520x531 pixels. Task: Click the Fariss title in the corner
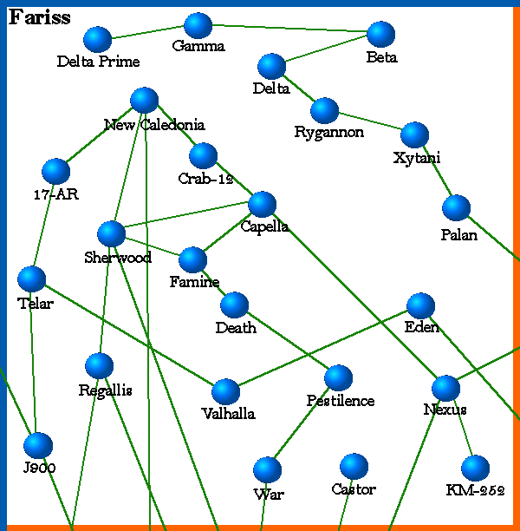coord(40,17)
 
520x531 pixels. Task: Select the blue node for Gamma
coord(198,26)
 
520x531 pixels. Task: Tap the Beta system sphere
coord(380,34)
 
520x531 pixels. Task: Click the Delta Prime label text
coord(98,62)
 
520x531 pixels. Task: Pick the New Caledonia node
coord(144,101)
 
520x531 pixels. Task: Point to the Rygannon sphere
coord(324,110)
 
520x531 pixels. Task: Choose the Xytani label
coord(416,158)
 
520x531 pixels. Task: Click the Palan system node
coord(456,208)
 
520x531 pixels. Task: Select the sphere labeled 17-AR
coord(55,172)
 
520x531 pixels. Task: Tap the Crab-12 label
coord(206,179)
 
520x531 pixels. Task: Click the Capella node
coord(262,204)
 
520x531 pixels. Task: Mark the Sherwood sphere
coord(111,233)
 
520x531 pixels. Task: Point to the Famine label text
coord(194,282)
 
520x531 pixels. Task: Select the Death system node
coord(234,305)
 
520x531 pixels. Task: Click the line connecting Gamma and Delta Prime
coord(147,32)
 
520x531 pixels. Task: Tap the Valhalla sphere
coord(225,391)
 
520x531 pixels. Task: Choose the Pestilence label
coord(341,401)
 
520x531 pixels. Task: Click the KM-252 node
coord(475,469)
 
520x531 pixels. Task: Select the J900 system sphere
coord(38,445)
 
